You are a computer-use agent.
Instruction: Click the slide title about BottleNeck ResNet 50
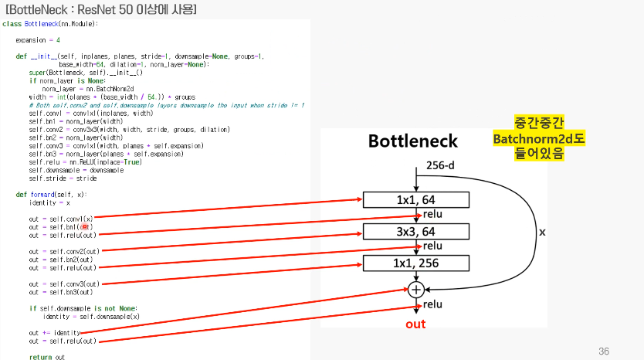[x=100, y=9]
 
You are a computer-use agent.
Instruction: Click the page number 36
[x=605, y=351]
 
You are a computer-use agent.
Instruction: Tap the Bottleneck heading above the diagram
[x=412, y=141]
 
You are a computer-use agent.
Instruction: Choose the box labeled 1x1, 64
[x=416, y=200]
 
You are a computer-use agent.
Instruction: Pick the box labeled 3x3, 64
[x=416, y=232]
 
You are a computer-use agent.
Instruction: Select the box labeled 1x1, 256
[x=416, y=263]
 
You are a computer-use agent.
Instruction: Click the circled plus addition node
[x=416, y=290]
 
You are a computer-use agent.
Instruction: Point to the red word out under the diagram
[x=415, y=324]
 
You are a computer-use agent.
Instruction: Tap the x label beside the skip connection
[x=542, y=232]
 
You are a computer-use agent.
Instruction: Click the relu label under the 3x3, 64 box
[x=432, y=246]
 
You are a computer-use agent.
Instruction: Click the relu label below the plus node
[x=432, y=304]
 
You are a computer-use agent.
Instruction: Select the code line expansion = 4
[x=38, y=39]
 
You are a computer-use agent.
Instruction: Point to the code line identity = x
[x=50, y=202]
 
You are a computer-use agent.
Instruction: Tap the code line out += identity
[x=55, y=332]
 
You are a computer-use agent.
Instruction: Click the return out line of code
[x=47, y=357]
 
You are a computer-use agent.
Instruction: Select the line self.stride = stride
[x=63, y=178]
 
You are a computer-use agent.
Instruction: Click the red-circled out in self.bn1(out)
[x=86, y=227]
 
